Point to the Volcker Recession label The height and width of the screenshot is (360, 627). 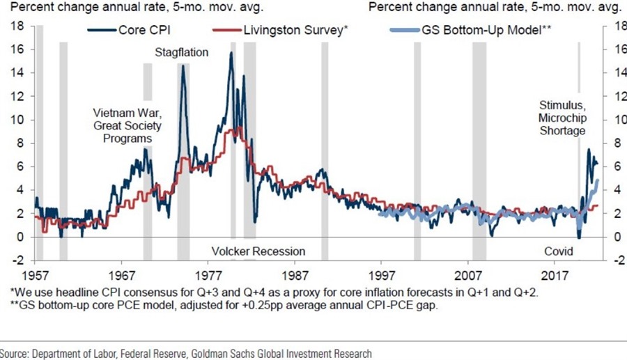coord(258,251)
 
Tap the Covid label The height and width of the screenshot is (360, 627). coord(559,251)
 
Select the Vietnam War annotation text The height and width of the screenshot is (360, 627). coord(127,113)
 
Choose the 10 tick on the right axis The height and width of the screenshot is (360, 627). coord(613,120)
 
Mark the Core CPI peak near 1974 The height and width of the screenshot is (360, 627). coord(183,66)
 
